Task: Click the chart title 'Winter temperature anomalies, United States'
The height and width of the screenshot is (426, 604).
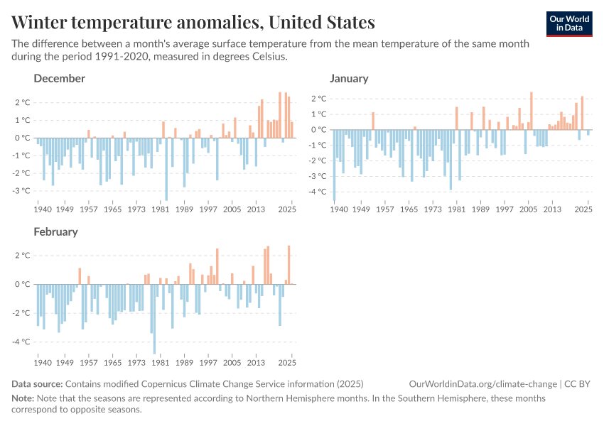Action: pos(193,22)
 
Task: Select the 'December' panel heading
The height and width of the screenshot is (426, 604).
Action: pos(59,78)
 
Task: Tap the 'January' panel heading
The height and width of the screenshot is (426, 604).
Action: pos(348,78)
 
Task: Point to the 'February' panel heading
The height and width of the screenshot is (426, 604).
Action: pos(55,231)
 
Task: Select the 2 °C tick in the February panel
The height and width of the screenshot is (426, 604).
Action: pos(23,256)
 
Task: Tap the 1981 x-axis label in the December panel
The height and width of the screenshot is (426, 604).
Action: pos(160,209)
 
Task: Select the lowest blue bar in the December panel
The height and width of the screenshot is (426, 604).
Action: pos(166,169)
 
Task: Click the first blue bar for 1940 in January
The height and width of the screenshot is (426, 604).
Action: pos(334,161)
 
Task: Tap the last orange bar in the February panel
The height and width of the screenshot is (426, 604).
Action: pos(288,265)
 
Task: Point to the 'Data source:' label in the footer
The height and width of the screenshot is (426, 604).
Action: pos(37,384)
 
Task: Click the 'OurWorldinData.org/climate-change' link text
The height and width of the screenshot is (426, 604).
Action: pos(483,384)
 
